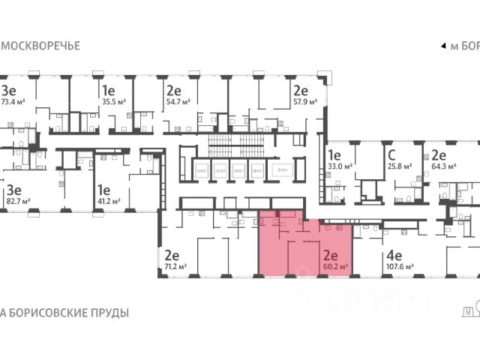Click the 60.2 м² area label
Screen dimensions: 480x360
click(334, 266)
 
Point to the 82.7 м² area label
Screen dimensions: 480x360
click(17, 202)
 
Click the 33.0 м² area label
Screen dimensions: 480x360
click(340, 168)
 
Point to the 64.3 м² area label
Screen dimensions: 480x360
click(444, 168)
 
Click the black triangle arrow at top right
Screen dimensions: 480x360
click(442, 46)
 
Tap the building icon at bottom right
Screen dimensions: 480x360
click(469, 309)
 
